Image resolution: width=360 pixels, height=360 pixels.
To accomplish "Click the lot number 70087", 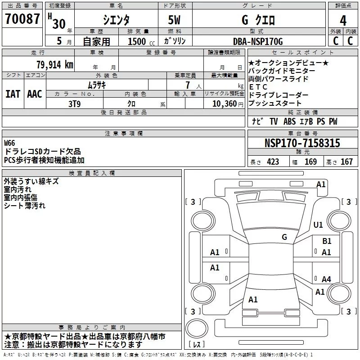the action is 22,19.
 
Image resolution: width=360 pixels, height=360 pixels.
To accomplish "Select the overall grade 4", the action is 343,21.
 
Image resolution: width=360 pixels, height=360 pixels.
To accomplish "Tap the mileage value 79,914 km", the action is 55,65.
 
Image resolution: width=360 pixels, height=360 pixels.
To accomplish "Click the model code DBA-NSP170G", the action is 258,41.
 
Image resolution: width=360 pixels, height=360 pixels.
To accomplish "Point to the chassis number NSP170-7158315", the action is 302,143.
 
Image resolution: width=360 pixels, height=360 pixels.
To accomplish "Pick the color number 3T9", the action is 74,104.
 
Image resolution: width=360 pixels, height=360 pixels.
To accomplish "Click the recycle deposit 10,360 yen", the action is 228,104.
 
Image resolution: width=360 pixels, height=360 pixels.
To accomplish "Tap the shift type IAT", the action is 13,94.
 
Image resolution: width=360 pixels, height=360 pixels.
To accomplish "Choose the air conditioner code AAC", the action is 35,94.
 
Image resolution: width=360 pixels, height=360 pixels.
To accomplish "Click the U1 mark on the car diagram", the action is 318,225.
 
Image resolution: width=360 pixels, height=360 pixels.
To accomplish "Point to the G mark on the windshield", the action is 284,237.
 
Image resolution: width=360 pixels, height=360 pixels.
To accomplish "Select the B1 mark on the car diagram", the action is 327,241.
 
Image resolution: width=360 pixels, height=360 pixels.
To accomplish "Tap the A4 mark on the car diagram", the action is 326,279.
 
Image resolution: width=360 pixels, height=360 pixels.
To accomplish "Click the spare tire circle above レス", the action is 197,328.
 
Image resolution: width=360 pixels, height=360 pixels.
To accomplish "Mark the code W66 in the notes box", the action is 9,143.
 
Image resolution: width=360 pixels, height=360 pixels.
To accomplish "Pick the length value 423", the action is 273,162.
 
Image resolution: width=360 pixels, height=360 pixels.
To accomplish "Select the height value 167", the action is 346,162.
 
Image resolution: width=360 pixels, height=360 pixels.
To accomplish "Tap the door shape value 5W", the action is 174,20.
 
